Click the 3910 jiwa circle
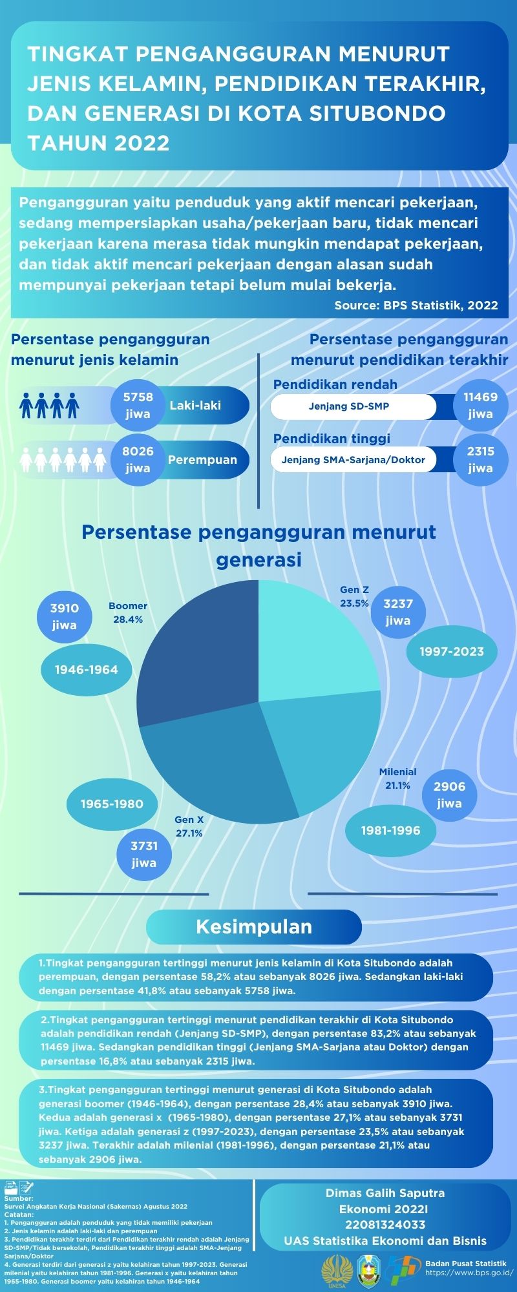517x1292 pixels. pos(64,616)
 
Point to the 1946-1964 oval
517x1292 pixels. pos(86,670)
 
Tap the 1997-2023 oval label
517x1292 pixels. pos(452,651)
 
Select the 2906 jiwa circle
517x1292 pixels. pos(449,795)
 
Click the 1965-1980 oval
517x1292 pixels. pos(112,804)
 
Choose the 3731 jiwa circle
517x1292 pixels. pos(143,854)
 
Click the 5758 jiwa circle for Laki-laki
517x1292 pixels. pos(138,405)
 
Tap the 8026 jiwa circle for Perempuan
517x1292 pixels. pos(138,459)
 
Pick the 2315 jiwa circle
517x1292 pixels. pos(480,459)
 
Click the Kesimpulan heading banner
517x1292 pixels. pos(253,927)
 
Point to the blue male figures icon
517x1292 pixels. pos(49,405)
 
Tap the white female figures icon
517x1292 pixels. pos(63,459)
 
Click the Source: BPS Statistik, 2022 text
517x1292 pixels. pos(416,305)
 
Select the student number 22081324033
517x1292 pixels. pos(385,1224)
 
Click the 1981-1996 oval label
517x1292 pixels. pos(390,831)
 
